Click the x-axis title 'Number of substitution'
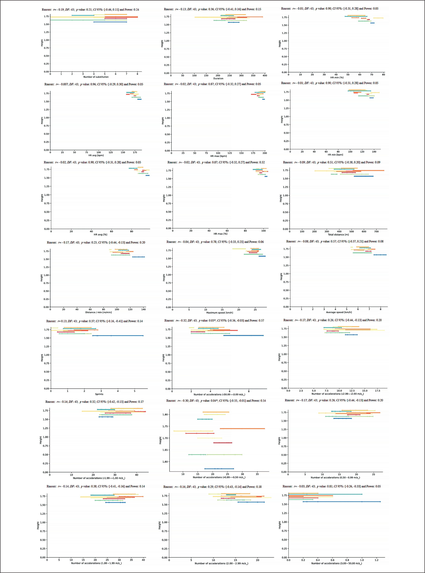pos(96,77)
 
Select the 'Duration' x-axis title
pos(218,78)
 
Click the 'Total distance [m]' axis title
pos(338,235)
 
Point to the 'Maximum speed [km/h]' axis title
pos(219,313)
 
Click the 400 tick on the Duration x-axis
pos(265,76)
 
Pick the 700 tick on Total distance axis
pos(376,231)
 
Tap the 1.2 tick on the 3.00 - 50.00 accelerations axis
pos(376,560)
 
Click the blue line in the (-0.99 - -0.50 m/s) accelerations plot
pos(219,469)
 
